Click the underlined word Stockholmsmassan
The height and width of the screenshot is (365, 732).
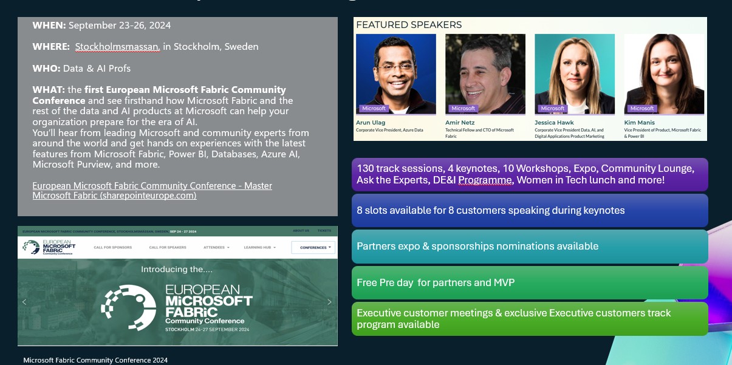(117, 47)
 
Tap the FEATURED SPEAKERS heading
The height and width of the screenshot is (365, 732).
(409, 25)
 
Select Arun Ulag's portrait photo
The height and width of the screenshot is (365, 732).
(395, 73)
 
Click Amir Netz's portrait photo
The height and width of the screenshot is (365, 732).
(485, 73)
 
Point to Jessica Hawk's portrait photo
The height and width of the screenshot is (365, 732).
(574, 73)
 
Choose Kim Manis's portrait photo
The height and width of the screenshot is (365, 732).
(664, 73)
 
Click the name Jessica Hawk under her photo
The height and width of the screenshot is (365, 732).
(554, 123)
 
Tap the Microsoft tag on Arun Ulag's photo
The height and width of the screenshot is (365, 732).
(374, 109)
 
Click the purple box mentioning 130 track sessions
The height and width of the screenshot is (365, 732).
(529, 174)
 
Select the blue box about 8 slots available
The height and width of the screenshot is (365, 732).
(529, 210)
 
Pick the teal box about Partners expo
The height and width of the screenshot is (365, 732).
(529, 246)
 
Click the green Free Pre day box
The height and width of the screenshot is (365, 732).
(529, 282)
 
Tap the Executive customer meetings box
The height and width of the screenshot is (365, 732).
(529, 318)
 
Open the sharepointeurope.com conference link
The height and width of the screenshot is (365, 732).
(152, 191)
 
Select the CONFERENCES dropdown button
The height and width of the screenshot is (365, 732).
(313, 248)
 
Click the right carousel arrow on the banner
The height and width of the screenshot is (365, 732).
(329, 302)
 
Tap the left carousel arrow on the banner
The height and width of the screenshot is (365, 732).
(24, 302)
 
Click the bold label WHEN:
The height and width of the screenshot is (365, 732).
(49, 26)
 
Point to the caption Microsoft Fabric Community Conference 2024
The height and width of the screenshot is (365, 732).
(95, 360)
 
